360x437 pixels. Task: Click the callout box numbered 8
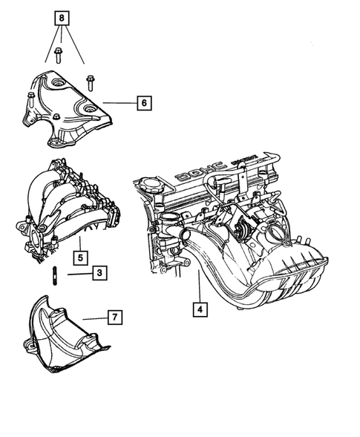tap(62, 17)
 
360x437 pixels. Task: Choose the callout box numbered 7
tap(115, 318)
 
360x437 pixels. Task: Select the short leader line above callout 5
tap(80, 245)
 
